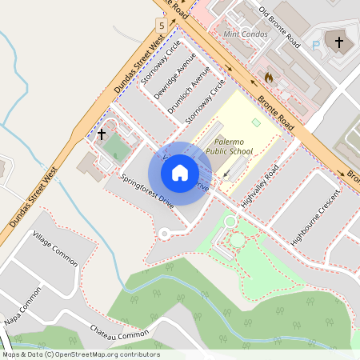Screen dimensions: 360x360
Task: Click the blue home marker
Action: point(180,173)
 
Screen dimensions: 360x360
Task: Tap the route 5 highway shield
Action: point(162,26)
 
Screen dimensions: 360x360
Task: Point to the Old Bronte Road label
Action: point(278,26)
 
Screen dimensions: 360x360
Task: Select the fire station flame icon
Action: point(268,78)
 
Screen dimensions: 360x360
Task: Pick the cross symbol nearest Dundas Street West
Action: point(102,134)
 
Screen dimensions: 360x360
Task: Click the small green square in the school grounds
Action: point(256,122)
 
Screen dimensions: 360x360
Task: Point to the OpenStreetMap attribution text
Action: point(80,354)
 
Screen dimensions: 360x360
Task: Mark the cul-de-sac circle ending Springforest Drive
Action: point(165,234)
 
